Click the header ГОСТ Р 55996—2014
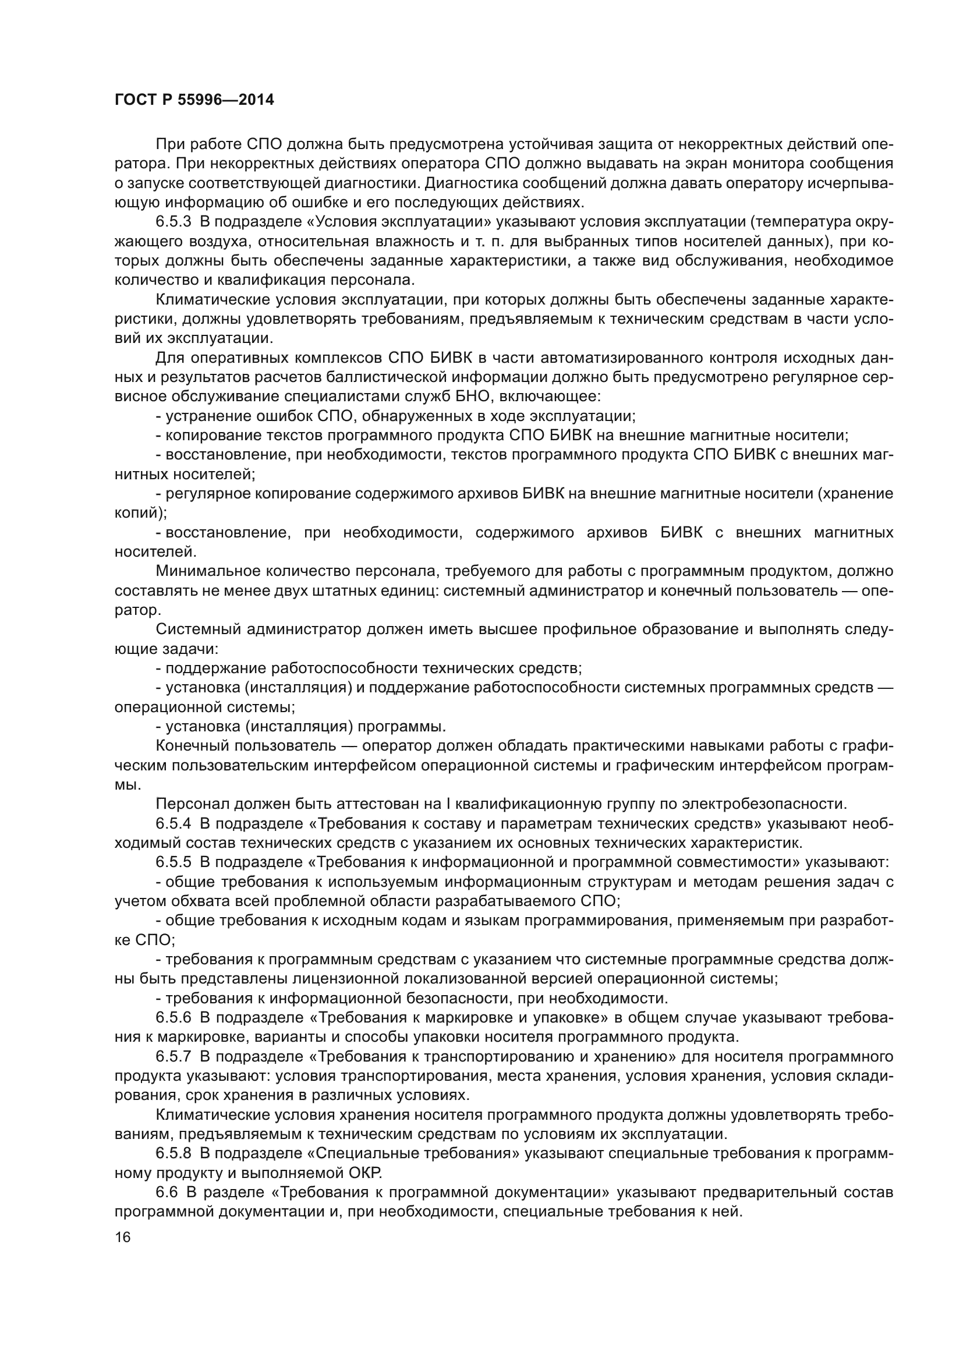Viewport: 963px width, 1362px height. pyautogui.click(x=194, y=100)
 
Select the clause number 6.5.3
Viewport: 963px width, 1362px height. pyautogui.click(x=173, y=222)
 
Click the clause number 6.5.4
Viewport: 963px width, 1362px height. pyautogui.click(x=173, y=823)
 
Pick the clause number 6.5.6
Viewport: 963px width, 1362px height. pyautogui.click(x=173, y=1017)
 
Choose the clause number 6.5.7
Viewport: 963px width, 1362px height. pyautogui.click(x=173, y=1056)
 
